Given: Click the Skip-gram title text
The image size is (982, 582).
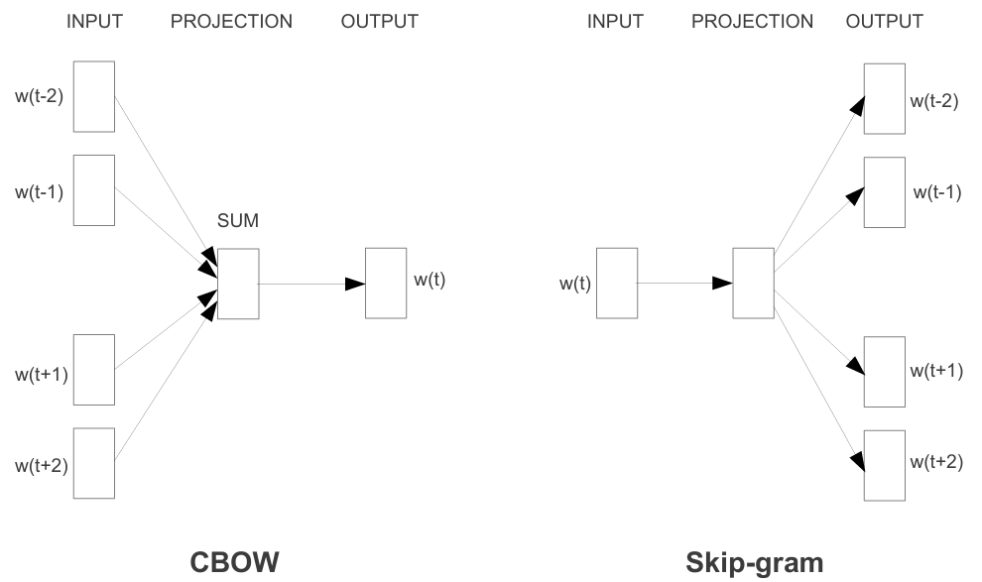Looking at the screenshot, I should (754, 561).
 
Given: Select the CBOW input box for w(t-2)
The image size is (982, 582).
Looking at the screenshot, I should (94, 96).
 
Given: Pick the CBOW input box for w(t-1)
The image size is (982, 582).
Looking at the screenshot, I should (94, 189).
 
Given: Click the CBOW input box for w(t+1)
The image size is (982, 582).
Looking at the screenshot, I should (94, 370).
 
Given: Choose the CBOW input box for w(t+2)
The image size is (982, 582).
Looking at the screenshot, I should (94, 463).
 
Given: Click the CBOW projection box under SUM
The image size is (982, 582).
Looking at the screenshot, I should (237, 284).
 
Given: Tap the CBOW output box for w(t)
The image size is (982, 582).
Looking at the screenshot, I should (385, 284).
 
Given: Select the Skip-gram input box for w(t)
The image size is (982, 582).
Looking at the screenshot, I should (616, 284).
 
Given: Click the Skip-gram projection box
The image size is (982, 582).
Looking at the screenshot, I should (753, 284).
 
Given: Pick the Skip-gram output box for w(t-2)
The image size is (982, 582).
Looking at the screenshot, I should (884, 99).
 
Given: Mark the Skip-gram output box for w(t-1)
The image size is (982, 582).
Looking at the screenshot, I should (884, 192).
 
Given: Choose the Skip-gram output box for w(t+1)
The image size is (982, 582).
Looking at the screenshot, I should (884, 371).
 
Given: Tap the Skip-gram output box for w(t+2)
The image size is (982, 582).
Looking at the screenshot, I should (884, 464).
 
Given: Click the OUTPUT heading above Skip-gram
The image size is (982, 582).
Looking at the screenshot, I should (884, 22).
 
